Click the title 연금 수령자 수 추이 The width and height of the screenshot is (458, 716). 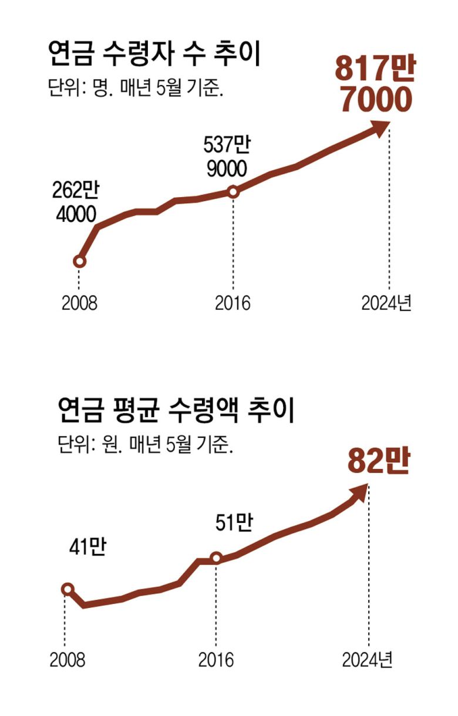click(x=154, y=57)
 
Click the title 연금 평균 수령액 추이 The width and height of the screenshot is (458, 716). click(x=176, y=411)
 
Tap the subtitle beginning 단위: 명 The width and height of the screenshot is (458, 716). click(x=135, y=91)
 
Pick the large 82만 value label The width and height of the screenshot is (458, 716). click(x=378, y=461)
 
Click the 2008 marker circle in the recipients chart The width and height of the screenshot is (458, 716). click(x=80, y=261)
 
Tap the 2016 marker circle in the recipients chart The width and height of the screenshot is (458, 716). click(x=233, y=191)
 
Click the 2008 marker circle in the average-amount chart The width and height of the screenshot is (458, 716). click(x=68, y=589)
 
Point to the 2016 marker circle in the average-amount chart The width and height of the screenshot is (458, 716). click(x=216, y=558)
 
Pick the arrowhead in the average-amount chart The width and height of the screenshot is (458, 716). click(x=361, y=492)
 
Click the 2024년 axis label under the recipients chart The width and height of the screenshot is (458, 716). click(x=386, y=303)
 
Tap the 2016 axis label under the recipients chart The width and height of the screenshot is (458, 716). click(x=233, y=303)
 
